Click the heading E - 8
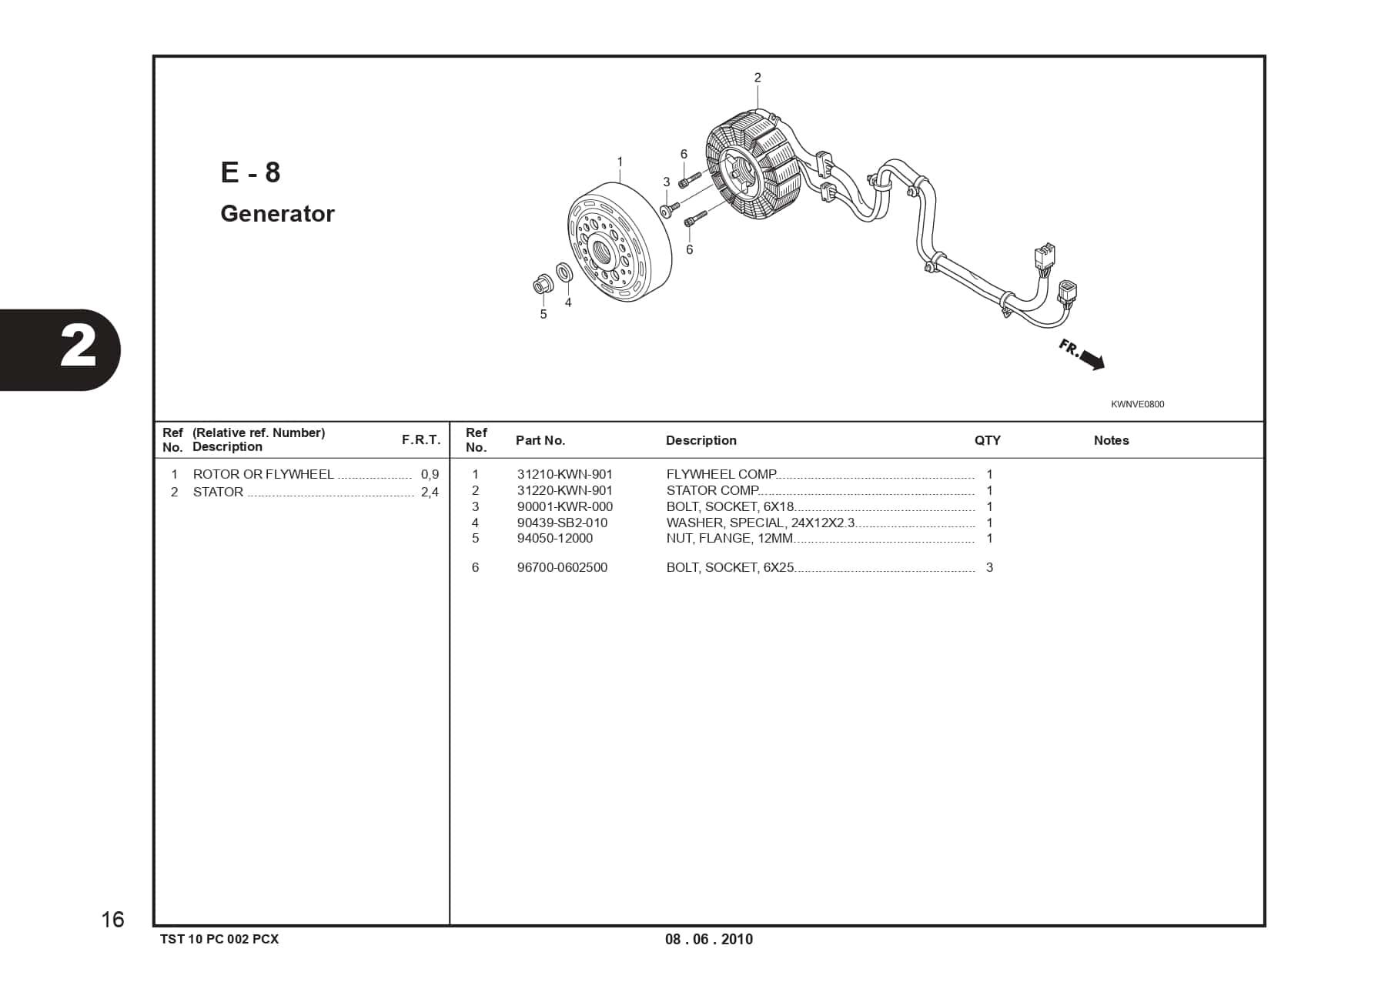point(250,172)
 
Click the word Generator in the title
point(277,214)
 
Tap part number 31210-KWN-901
point(564,474)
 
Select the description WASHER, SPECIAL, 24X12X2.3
point(760,523)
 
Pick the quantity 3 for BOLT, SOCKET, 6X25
point(989,567)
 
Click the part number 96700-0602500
point(562,567)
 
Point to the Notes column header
point(1111,440)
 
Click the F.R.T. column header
point(421,439)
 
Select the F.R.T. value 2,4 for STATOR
point(430,492)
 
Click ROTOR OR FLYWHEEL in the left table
point(263,474)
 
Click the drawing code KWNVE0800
point(1137,404)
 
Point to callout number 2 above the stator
point(758,78)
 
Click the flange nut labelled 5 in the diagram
point(542,286)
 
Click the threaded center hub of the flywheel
point(600,250)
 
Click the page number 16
point(112,920)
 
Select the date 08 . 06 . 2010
point(709,939)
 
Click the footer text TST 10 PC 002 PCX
point(219,939)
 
